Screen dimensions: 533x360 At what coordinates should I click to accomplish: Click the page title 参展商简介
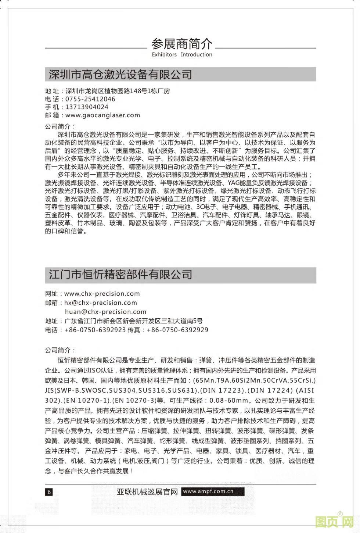[182, 44]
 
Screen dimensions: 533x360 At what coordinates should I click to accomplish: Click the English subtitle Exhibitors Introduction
[182, 55]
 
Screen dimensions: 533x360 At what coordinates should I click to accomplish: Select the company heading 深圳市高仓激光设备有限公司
[120, 75]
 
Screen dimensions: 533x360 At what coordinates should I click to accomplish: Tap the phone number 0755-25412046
[90, 99]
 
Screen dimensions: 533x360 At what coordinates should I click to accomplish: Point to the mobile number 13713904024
[87, 107]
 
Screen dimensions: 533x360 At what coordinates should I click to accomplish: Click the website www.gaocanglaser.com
[102, 115]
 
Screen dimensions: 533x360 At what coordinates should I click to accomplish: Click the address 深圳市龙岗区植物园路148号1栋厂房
[118, 91]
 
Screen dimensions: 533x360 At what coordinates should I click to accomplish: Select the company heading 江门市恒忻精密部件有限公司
[120, 275]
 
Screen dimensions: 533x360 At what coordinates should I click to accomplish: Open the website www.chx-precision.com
[102, 294]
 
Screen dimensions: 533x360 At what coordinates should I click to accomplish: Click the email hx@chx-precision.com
[100, 303]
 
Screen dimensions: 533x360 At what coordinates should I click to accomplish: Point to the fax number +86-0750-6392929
[177, 330]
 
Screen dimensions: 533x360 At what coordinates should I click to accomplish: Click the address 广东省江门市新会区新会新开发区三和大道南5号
[133, 321]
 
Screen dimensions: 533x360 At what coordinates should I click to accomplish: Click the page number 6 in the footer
[49, 492]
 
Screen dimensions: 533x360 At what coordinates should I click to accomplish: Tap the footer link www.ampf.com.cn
[208, 491]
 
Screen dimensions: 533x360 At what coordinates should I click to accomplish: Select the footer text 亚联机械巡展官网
[147, 492]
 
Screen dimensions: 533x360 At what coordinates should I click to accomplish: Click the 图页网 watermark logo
[334, 522]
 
